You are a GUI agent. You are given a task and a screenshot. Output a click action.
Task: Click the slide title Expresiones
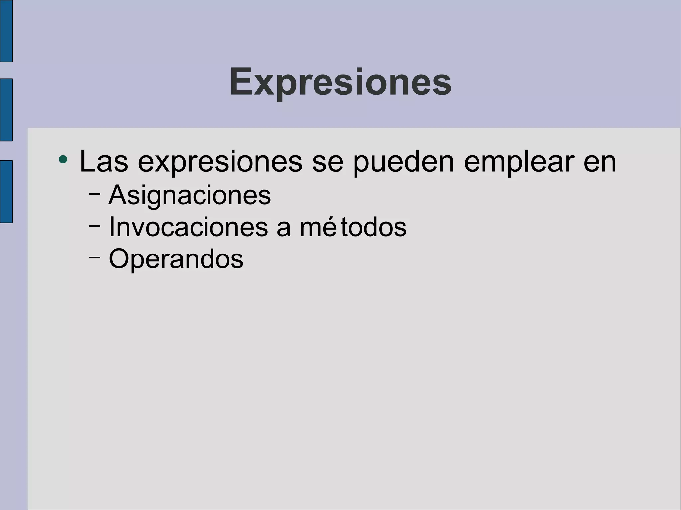pos(340,82)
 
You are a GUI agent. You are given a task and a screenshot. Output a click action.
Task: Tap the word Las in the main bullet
pos(104,161)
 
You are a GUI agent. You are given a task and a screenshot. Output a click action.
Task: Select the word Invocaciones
pos(188,227)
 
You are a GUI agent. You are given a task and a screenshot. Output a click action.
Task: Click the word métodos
pos(353,227)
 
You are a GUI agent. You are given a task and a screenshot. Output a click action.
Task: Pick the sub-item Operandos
pos(176,259)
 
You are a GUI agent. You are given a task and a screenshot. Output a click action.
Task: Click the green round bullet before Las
pos(62,159)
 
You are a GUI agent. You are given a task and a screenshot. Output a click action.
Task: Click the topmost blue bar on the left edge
pos(6,31)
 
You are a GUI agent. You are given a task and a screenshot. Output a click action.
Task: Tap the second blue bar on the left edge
pos(6,110)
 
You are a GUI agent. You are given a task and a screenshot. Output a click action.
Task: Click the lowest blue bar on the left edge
pos(6,191)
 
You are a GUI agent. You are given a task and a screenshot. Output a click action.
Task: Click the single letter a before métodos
pos(284,228)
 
